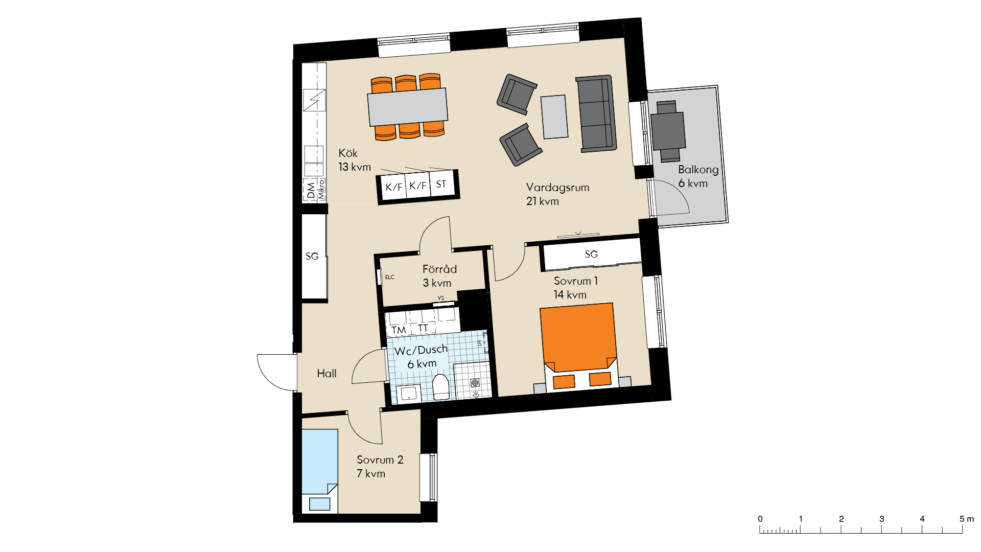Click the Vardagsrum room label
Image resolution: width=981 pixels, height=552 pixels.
coord(557,188)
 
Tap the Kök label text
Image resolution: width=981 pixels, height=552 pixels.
coord(348,153)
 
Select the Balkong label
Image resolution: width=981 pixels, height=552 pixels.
coord(698,170)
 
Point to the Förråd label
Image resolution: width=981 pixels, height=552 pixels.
coord(439,269)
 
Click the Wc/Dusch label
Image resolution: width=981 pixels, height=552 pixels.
coord(421,350)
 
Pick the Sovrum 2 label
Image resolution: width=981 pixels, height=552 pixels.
coord(380,460)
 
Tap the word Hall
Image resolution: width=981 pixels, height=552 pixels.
coord(326,374)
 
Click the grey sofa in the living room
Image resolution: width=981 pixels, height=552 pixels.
coord(596,113)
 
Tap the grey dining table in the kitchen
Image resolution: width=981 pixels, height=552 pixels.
coord(408,107)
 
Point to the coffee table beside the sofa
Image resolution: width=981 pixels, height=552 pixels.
coord(555,117)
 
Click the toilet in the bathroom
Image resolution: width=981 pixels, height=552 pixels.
coord(441,387)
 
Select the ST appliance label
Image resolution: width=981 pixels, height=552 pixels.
coord(441,184)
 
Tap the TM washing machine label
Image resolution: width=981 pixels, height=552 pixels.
coord(399,330)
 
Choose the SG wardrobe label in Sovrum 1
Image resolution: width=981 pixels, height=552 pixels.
coord(591,254)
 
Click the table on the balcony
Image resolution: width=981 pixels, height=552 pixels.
coord(668,131)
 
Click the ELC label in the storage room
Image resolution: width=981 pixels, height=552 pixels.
coord(390,277)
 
